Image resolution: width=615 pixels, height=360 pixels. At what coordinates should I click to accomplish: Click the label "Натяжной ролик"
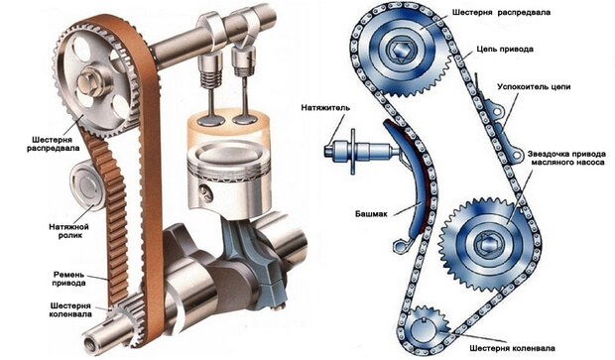[x=68, y=231]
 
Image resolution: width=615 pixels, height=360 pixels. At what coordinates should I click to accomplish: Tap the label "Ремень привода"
[x=68, y=278]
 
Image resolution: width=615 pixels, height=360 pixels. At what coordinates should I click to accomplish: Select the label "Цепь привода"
[x=505, y=50]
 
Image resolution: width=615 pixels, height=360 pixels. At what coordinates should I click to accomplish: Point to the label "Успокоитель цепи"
[x=534, y=86]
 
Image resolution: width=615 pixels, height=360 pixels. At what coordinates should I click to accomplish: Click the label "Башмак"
[x=371, y=214]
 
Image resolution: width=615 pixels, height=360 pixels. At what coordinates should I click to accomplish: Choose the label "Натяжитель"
[x=325, y=107]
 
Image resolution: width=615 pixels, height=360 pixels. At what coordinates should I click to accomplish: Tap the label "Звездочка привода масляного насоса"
[x=566, y=158]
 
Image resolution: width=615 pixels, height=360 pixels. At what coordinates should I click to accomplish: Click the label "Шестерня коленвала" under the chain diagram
[x=512, y=349]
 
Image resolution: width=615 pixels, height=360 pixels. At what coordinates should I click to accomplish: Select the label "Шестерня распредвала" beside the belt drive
[x=53, y=144]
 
